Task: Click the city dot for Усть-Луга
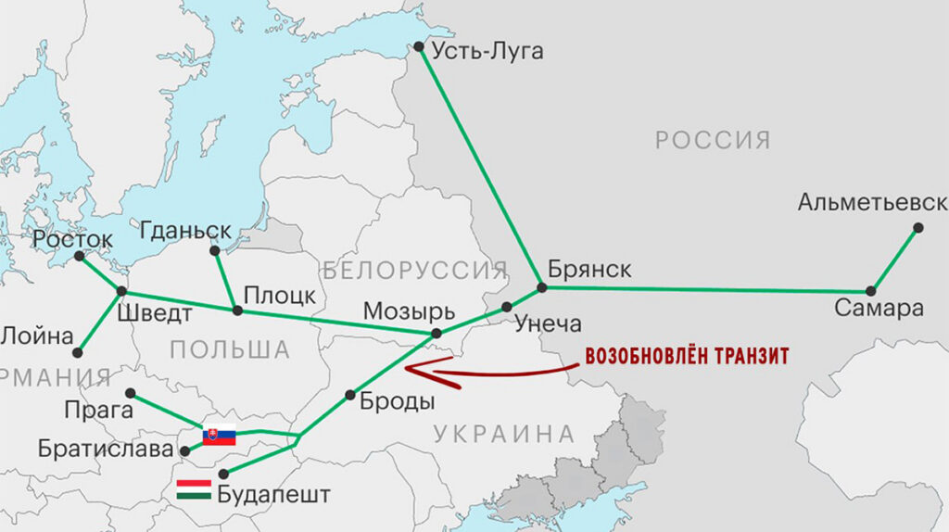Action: pyautogui.click(x=419, y=46)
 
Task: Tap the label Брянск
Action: pyautogui.click(x=588, y=269)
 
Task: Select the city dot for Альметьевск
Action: pyautogui.click(x=917, y=227)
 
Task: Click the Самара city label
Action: pyautogui.click(x=879, y=309)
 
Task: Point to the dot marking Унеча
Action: pyautogui.click(x=507, y=307)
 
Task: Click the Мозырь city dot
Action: pyautogui.click(x=437, y=333)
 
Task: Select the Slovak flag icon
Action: pyautogui.click(x=220, y=435)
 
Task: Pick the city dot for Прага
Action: pyautogui.click(x=131, y=393)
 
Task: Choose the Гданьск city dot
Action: pyautogui.click(x=215, y=250)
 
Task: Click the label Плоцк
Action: pyautogui.click(x=279, y=295)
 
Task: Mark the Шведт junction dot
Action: pyautogui.click(x=121, y=292)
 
